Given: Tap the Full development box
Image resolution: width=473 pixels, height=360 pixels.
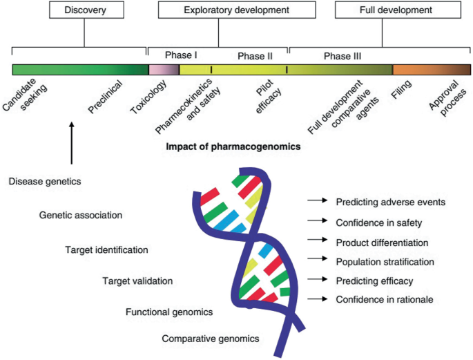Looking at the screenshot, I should click(396, 10).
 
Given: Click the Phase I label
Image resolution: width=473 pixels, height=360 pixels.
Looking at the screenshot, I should click(182, 55).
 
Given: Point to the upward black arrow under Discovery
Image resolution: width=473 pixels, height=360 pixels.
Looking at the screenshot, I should click(71, 142).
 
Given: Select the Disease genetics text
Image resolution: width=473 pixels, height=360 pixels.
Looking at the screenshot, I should click(46, 182).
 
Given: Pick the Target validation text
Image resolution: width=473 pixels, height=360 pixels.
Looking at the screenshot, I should click(137, 281).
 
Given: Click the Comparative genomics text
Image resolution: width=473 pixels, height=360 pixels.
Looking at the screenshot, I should click(201, 339).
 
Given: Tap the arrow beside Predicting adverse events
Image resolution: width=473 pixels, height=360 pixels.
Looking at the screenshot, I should click(316, 202).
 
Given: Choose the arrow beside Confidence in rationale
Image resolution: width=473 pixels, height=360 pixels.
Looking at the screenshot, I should click(316, 299).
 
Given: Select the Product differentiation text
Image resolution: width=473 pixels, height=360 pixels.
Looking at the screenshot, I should click(382, 243).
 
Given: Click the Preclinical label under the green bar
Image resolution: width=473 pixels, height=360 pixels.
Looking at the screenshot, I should click(106, 97).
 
